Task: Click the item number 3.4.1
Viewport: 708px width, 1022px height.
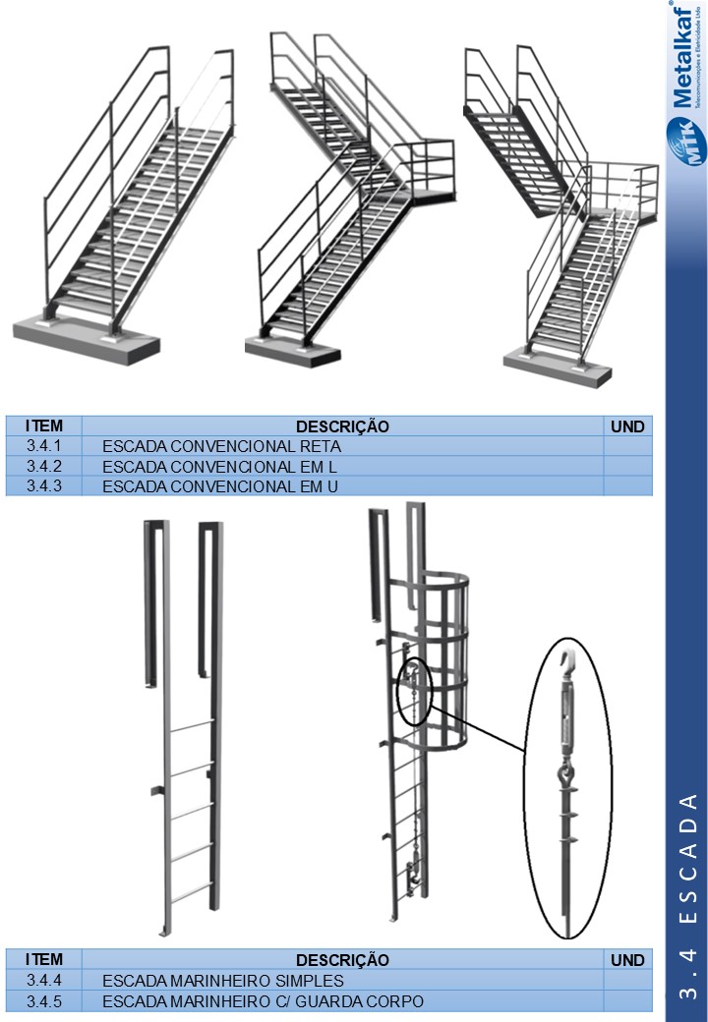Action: (x=43, y=446)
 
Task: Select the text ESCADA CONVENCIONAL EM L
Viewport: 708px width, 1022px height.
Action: (x=219, y=467)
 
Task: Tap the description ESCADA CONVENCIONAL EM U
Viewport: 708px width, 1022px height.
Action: (x=220, y=486)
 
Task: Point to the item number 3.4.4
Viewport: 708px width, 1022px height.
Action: (x=43, y=980)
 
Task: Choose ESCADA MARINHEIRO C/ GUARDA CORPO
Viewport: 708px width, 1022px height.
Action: (x=263, y=1000)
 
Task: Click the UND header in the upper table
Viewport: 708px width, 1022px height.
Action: (x=627, y=426)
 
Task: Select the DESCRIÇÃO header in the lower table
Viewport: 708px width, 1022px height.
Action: (x=342, y=960)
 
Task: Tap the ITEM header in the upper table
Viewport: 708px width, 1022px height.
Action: (x=43, y=426)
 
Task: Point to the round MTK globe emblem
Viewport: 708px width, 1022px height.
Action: (x=682, y=142)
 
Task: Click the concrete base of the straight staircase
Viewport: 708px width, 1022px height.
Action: (x=87, y=337)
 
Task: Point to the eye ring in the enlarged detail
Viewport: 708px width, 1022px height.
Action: (x=565, y=775)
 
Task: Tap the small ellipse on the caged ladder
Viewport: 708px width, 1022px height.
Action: (x=415, y=692)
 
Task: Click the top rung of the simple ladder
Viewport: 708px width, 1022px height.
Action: (x=191, y=725)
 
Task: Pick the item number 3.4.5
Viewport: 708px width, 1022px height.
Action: (x=43, y=1000)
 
